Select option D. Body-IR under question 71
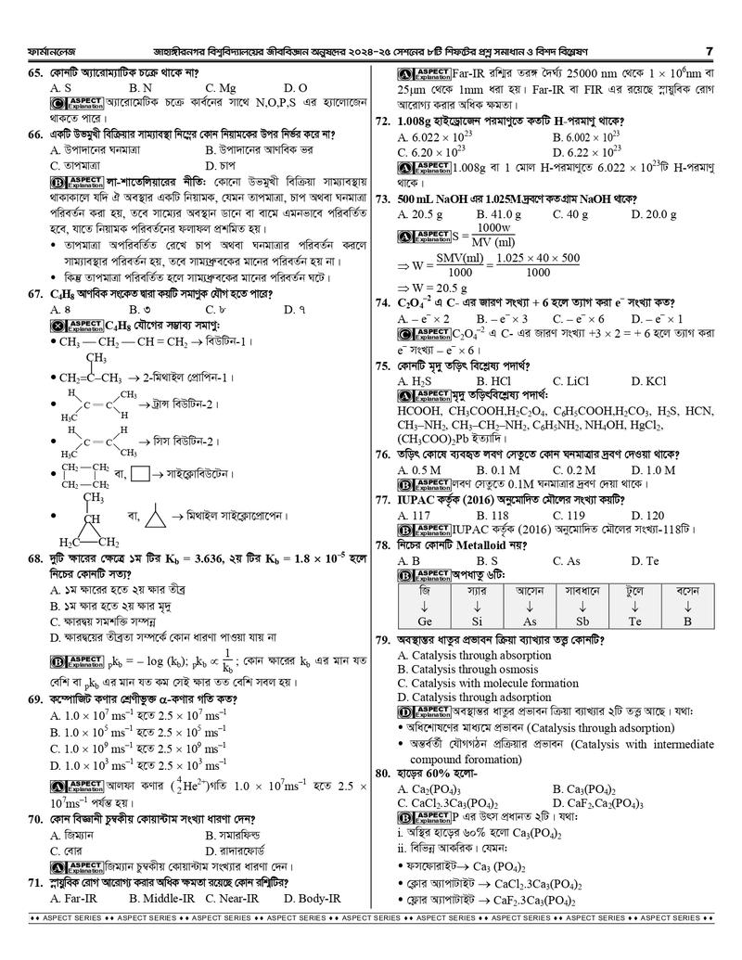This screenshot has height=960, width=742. [312, 899]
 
